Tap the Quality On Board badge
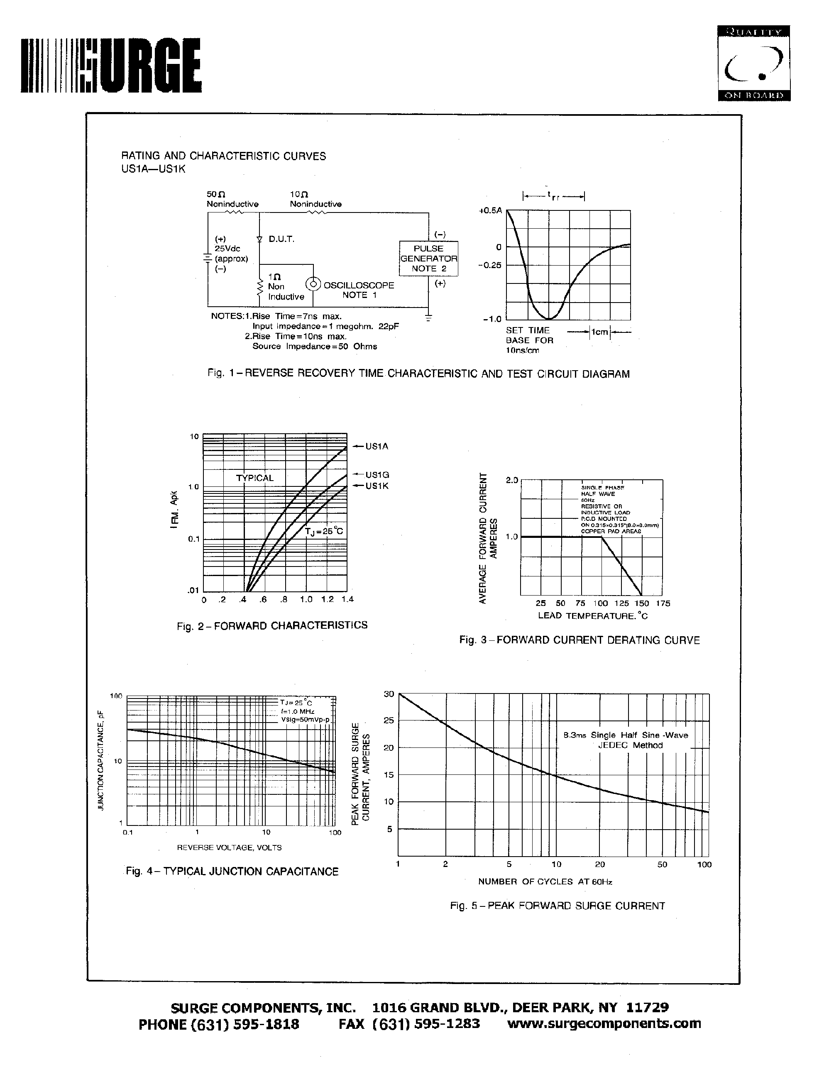pyautogui.click(x=753, y=63)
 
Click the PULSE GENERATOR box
pyautogui.click(x=428, y=259)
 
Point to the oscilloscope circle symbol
pyautogui.click(x=313, y=285)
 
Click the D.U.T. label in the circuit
pyautogui.click(x=281, y=239)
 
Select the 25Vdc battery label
pyautogui.click(x=228, y=249)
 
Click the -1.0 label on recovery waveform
pyautogui.click(x=492, y=319)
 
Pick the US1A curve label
pyautogui.click(x=377, y=446)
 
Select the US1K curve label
pyautogui.click(x=377, y=486)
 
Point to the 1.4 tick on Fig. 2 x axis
pyautogui.click(x=347, y=599)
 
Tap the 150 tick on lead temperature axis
pyautogui.click(x=641, y=603)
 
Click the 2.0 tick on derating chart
pyautogui.click(x=511, y=480)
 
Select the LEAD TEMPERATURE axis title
pyautogui.click(x=592, y=615)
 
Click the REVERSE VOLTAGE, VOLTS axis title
pyautogui.click(x=229, y=847)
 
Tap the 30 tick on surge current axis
pyautogui.click(x=389, y=694)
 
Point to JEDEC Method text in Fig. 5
pyautogui.click(x=630, y=745)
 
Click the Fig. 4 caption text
pyautogui.click(x=232, y=871)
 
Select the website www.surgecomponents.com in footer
pyautogui.click(x=604, y=1023)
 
